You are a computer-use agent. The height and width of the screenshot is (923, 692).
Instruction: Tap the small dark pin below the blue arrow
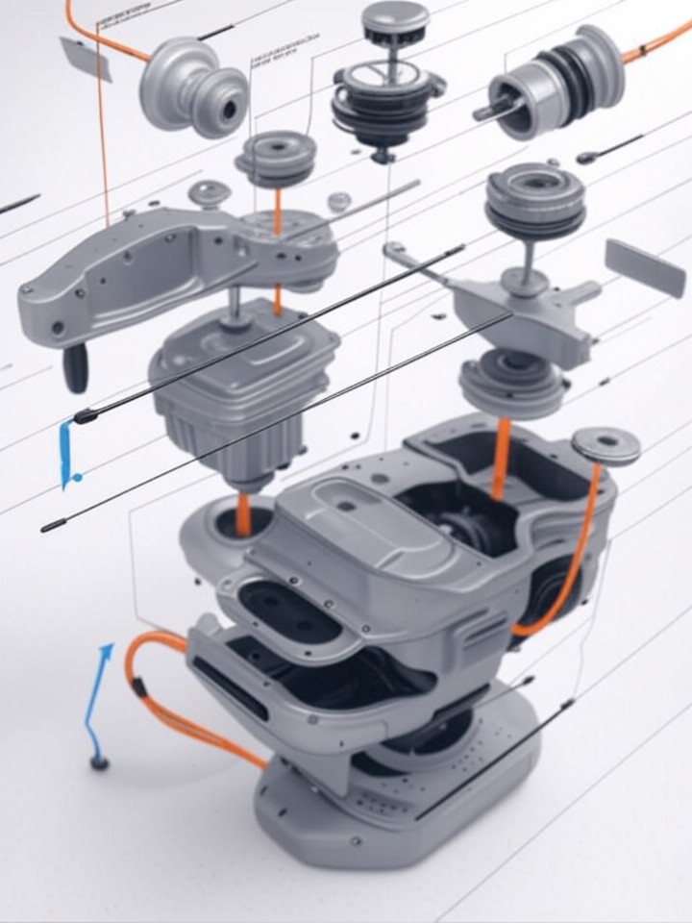(98, 763)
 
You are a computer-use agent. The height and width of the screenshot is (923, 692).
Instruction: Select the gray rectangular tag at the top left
(86, 59)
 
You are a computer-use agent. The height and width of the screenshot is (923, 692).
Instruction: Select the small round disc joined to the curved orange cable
(606, 445)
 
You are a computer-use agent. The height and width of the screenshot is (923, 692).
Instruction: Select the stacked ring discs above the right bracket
(535, 203)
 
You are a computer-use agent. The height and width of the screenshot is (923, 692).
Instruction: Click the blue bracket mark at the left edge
(66, 452)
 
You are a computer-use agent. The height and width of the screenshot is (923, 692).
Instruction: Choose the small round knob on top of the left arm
(209, 193)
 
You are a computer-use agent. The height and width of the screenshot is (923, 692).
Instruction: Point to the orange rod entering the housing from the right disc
(501, 458)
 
